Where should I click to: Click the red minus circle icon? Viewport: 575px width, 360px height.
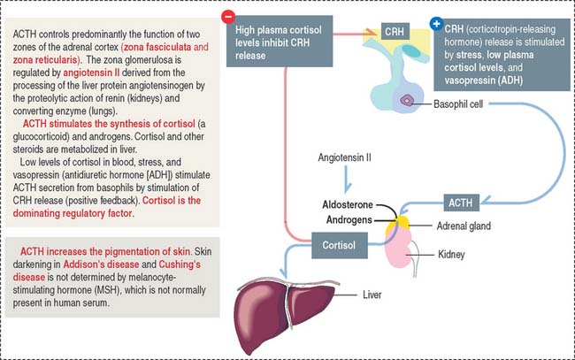click(x=229, y=16)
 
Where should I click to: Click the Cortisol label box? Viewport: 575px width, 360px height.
click(x=337, y=241)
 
